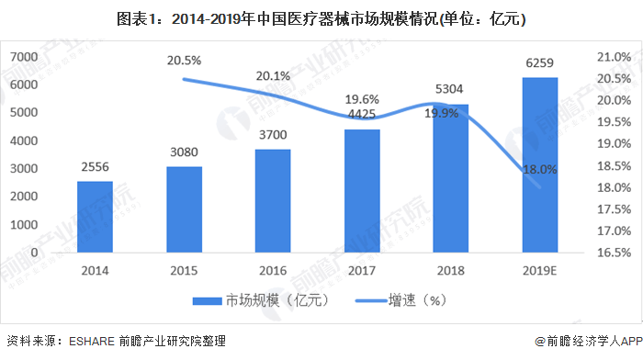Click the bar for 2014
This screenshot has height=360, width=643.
95,217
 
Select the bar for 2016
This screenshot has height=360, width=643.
273,200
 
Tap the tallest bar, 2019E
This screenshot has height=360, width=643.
540,164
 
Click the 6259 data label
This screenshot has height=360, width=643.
540,64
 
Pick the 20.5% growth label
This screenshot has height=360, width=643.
184,60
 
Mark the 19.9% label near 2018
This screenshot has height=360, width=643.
442,114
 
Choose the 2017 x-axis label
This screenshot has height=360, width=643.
362,271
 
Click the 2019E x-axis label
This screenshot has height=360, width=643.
540,271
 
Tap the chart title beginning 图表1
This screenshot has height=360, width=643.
321,17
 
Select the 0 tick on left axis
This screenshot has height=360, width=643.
34,252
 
